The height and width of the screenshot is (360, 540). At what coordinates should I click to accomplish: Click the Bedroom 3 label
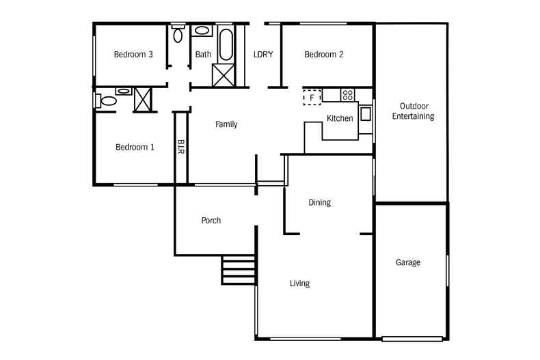click(x=133, y=55)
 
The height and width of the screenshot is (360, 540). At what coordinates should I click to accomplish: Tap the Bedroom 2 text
click(x=323, y=55)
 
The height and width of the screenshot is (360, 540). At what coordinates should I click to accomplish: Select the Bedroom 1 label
click(x=134, y=147)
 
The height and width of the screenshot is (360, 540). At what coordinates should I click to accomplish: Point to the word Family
click(x=226, y=124)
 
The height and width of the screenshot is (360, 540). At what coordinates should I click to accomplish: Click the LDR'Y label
click(x=263, y=55)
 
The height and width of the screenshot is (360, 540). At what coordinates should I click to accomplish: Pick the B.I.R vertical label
click(x=181, y=146)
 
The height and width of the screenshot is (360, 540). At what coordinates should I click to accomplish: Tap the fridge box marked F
click(x=312, y=98)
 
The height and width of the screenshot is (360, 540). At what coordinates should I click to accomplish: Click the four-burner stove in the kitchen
click(x=347, y=94)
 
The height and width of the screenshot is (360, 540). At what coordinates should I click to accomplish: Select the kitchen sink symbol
click(x=366, y=114)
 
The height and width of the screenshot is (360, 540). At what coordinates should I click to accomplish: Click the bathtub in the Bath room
click(x=226, y=44)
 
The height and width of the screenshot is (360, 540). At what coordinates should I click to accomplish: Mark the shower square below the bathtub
click(x=224, y=74)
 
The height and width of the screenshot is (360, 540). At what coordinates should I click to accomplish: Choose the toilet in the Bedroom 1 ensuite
click(x=107, y=101)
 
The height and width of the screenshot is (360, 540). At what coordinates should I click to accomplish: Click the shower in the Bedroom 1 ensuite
click(x=143, y=99)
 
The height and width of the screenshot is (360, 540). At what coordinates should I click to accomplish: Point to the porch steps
click(x=239, y=269)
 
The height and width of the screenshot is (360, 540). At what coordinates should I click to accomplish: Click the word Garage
click(x=408, y=262)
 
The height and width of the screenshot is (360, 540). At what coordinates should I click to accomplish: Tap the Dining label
click(x=319, y=202)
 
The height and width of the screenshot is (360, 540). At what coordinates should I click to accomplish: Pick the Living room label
click(x=299, y=283)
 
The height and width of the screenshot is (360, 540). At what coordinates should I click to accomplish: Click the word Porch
click(x=211, y=221)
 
